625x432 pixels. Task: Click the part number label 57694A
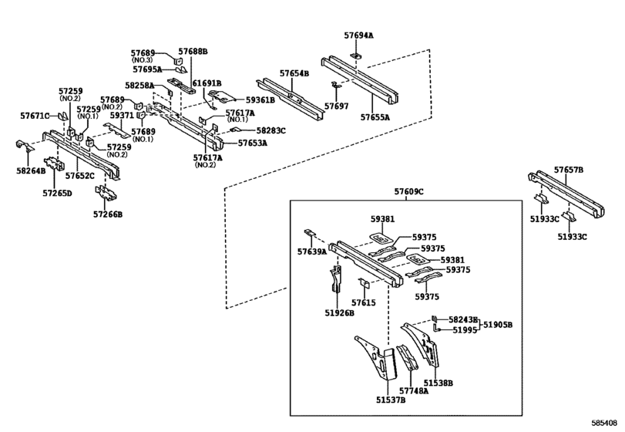point(358,35)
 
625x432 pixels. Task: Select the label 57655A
point(375,117)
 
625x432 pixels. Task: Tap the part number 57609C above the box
point(409,192)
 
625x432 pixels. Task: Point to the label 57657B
point(569,170)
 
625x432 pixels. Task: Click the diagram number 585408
point(607,423)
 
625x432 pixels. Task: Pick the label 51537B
point(391,400)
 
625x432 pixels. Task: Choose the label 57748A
point(414,391)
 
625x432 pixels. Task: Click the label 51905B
point(498,325)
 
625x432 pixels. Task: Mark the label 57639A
point(312,251)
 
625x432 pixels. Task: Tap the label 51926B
point(340,313)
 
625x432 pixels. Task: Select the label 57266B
point(108,214)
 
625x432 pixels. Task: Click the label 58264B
point(31,171)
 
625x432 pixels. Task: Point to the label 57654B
point(294,73)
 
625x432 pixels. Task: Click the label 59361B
point(260,100)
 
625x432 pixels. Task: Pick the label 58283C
point(271,131)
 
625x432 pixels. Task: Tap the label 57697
point(337,106)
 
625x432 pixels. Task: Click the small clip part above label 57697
point(337,85)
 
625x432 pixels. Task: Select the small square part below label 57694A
point(356,56)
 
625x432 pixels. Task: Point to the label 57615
point(364,303)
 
